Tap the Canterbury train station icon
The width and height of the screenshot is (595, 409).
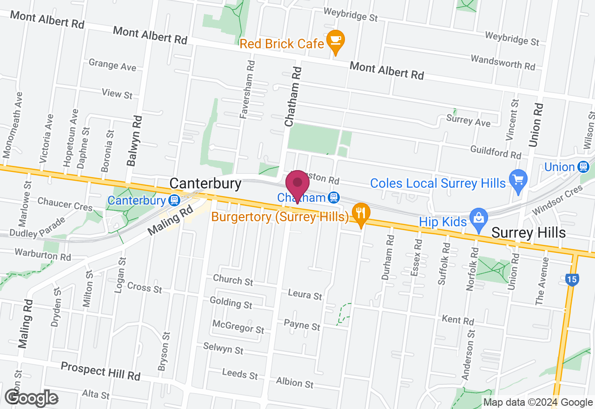click(174, 200)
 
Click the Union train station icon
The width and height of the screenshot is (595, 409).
click(583, 167)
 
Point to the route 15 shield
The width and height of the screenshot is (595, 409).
click(573, 280)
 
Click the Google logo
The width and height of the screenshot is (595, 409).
click(32, 398)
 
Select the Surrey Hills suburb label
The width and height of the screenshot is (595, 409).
click(529, 232)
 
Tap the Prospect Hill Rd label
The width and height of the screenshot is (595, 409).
click(100, 372)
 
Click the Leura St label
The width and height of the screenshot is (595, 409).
click(305, 295)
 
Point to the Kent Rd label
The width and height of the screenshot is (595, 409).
click(458, 320)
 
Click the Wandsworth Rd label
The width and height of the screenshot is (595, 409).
click(503, 62)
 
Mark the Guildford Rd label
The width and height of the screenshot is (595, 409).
click(496, 152)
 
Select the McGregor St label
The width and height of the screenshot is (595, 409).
click(238, 326)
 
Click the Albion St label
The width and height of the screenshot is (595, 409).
click(295, 383)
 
